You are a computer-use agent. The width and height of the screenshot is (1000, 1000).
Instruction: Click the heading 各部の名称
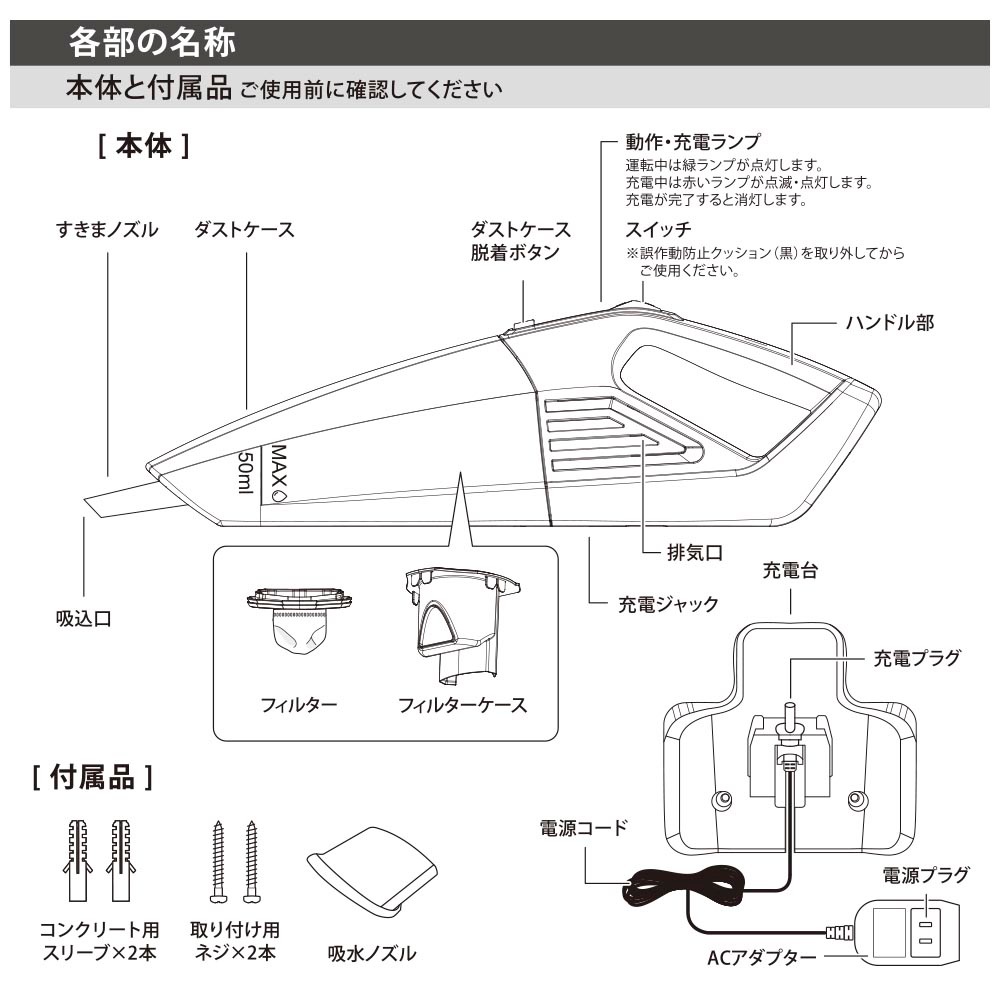[152, 43]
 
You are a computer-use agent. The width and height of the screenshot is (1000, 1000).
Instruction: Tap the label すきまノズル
[107, 230]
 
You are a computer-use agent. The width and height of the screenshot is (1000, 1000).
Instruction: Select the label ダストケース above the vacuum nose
[244, 230]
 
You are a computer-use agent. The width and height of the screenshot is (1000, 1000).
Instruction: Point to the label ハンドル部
[890, 323]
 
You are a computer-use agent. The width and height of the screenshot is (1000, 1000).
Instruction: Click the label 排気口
[695, 552]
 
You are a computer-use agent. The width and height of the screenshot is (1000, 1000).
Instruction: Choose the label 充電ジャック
[668, 604]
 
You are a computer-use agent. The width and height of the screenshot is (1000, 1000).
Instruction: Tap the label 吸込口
[84, 619]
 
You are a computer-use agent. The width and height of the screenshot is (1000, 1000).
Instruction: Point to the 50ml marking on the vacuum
[246, 472]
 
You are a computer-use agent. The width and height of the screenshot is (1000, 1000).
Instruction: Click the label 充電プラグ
[916, 658]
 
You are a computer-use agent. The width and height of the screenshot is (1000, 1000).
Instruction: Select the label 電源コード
[584, 828]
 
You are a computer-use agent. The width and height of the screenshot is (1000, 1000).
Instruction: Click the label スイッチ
[658, 229]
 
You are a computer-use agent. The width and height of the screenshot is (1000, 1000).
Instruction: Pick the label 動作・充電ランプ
[693, 142]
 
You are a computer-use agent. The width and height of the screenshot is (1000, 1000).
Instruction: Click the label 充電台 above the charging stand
[790, 570]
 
